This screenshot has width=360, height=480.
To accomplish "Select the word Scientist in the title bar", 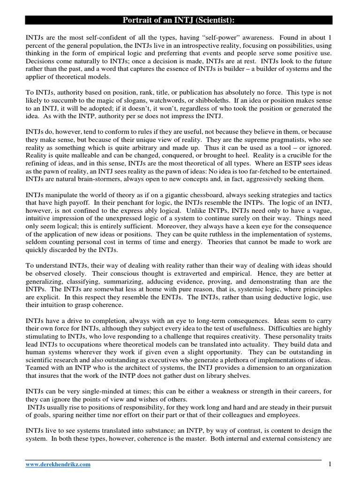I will (x=212, y=20).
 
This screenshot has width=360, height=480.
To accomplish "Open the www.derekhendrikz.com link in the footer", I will (x=58, y=465).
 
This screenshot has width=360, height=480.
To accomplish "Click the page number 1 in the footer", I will (x=330, y=464).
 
